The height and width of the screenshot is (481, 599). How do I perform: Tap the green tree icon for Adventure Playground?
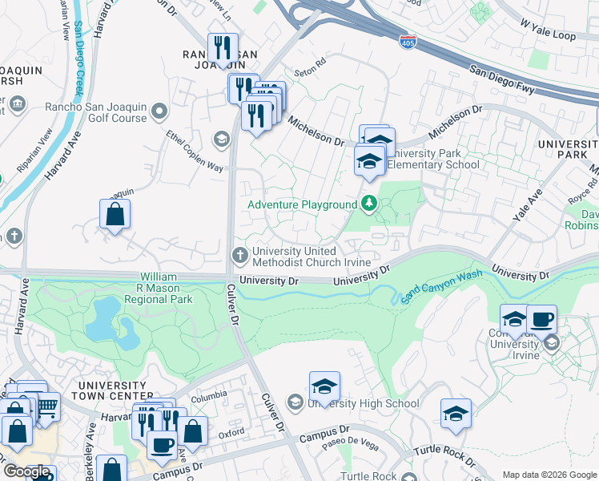(x=368, y=204)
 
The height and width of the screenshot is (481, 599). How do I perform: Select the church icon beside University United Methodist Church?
(x=239, y=256)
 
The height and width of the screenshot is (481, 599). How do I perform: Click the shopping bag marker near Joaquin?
(x=115, y=214)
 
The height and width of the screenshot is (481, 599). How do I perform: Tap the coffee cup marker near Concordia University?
(x=541, y=320)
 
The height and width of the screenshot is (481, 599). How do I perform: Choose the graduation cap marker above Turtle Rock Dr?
(x=456, y=414)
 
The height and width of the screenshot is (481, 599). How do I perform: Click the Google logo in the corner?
(x=27, y=471)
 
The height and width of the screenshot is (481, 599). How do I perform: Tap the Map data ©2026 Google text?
(x=549, y=475)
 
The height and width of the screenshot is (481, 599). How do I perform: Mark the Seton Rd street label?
(x=310, y=62)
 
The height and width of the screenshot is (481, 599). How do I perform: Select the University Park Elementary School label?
(x=433, y=159)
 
